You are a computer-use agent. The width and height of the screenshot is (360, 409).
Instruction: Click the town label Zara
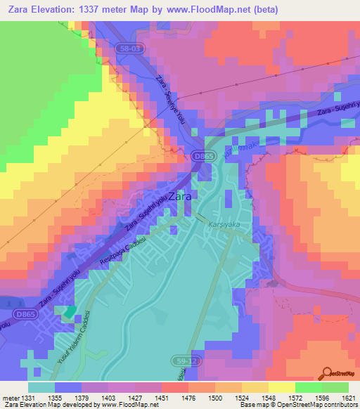[179, 197]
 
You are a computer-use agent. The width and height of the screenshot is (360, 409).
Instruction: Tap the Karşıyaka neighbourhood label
[224, 224]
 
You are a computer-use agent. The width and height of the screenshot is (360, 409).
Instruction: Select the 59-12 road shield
[181, 360]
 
